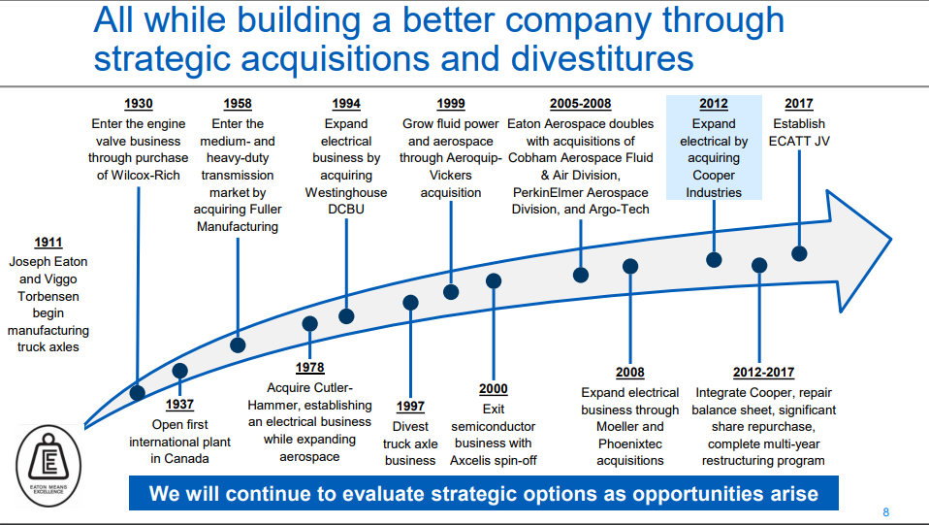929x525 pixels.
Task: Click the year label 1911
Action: click(x=48, y=243)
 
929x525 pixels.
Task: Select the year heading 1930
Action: click(x=139, y=104)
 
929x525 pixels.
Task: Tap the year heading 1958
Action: click(x=238, y=104)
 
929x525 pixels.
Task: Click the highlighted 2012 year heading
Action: click(x=713, y=105)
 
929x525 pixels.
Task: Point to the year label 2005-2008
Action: click(x=580, y=104)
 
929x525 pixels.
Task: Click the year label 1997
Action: click(x=410, y=407)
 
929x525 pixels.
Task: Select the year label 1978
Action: click(x=309, y=367)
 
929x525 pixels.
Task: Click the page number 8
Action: click(x=885, y=512)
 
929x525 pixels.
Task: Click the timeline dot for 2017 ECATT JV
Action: click(x=799, y=253)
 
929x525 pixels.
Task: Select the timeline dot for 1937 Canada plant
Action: click(x=179, y=371)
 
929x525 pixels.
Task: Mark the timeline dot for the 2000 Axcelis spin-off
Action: click(x=494, y=280)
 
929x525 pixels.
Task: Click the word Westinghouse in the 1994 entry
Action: click(x=346, y=192)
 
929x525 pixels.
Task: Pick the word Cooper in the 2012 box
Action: click(x=713, y=176)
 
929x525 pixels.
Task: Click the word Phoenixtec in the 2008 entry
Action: click(x=630, y=443)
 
